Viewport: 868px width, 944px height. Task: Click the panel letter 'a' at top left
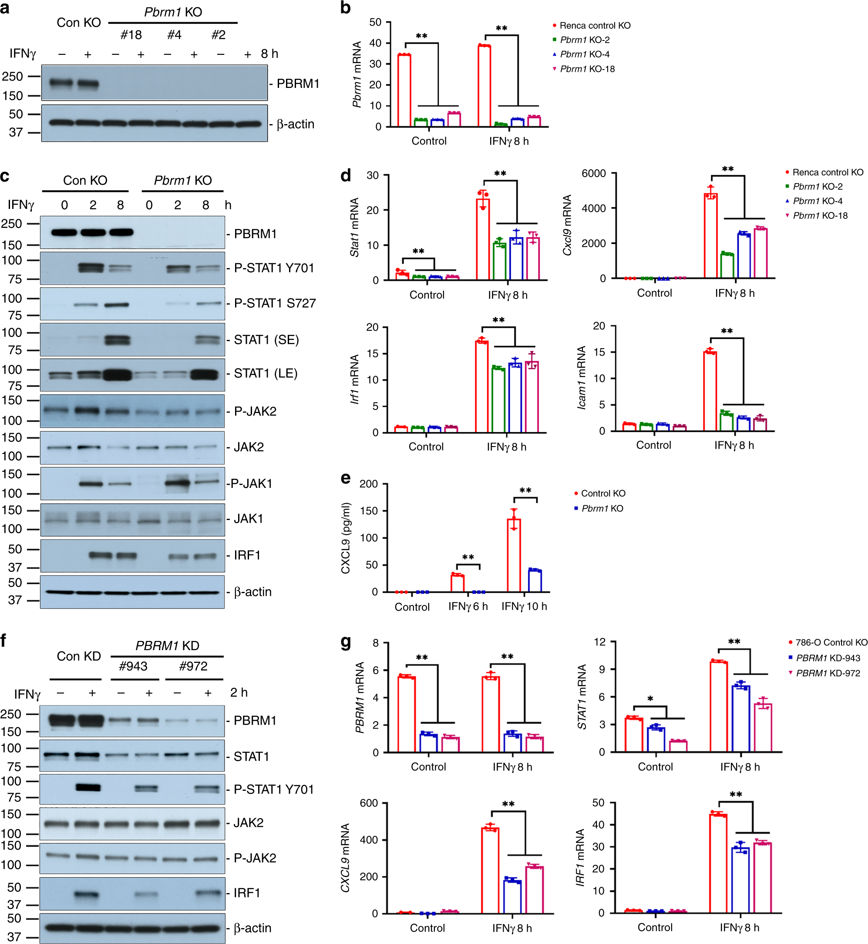click(x=5, y=8)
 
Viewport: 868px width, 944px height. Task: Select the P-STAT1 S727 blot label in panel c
click(x=274, y=303)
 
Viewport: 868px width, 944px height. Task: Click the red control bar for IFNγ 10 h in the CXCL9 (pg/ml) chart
click(x=514, y=555)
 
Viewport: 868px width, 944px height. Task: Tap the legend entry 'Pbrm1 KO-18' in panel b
click(x=587, y=69)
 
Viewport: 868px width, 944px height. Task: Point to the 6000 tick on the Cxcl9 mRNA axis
click(x=594, y=173)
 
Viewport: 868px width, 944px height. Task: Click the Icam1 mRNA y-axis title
click(x=582, y=378)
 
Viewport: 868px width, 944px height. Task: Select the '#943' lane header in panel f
click(x=133, y=666)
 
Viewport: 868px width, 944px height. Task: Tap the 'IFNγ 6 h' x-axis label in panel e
click(x=468, y=606)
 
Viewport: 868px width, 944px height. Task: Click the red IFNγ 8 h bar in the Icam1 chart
click(x=710, y=391)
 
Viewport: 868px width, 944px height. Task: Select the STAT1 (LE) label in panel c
click(x=266, y=373)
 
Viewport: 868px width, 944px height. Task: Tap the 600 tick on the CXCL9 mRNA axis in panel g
click(x=369, y=803)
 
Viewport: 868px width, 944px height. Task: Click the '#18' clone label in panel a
click(x=131, y=35)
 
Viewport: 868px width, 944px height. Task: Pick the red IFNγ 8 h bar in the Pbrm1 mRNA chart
click(x=484, y=86)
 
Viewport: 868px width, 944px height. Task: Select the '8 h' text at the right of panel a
click(x=269, y=54)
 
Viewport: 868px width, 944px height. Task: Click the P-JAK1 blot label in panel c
click(x=252, y=483)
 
